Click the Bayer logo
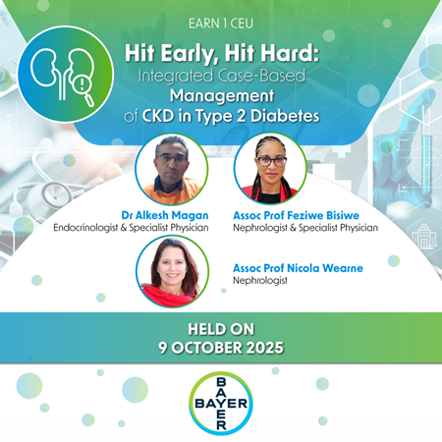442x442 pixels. click(220, 403)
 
